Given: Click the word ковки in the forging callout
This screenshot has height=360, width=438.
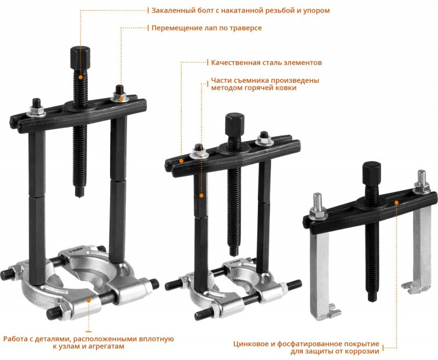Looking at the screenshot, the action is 286,88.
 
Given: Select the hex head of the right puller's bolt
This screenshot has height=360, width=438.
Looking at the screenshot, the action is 372,171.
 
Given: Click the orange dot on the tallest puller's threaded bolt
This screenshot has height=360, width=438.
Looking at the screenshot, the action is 80,77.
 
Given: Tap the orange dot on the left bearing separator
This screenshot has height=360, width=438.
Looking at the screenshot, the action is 89,300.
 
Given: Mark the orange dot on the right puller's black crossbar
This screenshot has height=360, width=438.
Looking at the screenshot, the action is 396,202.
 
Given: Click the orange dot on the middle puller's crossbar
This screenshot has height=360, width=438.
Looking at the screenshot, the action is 181,161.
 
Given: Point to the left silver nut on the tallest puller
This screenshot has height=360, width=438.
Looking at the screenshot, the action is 37,112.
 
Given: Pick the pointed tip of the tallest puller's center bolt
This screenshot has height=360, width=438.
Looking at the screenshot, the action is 79,196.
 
